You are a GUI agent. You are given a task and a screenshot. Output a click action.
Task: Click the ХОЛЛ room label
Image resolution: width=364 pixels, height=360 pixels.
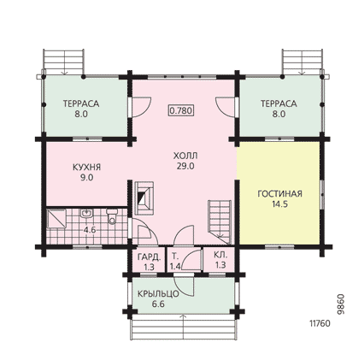coord(185,156)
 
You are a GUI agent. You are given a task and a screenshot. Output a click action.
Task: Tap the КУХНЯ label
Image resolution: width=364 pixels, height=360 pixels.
coord(87,167)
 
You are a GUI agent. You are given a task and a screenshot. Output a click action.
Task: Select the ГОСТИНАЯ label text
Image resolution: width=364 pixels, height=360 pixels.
coord(279,194)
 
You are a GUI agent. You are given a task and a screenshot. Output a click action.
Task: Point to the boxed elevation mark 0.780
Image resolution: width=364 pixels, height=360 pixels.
coord(181,110)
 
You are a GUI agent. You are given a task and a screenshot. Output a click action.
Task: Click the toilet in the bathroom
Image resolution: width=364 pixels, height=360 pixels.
coord(112,216)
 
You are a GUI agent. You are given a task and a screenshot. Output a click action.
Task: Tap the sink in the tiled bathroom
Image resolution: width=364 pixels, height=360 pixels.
coord(86,213)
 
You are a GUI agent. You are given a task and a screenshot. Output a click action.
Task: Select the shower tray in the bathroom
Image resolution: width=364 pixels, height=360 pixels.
coord(56,219)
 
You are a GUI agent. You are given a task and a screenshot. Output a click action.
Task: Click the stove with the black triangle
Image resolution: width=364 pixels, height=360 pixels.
coord(144,198)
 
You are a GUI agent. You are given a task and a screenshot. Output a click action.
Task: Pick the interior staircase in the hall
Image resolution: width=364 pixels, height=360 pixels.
coord(220,221)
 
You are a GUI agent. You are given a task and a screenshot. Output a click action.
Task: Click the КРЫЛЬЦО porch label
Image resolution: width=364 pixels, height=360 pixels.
coord(158,293)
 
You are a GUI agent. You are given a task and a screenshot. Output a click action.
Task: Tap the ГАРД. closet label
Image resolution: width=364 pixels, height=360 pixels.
coord(150,257)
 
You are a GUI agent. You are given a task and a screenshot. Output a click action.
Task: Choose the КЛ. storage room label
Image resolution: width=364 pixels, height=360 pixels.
coord(220,254)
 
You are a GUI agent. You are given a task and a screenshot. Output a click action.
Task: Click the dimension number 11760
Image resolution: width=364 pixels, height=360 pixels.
coord(320,324)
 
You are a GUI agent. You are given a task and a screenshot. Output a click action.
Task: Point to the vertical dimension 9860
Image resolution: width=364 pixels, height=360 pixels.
coord(340,304)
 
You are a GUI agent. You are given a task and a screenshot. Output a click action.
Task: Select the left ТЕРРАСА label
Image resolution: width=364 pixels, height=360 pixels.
coord(81,103)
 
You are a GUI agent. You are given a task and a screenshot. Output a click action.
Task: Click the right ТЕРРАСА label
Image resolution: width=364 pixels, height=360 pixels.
coord(279,103)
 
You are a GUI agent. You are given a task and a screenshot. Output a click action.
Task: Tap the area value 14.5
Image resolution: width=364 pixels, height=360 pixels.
coord(279,204)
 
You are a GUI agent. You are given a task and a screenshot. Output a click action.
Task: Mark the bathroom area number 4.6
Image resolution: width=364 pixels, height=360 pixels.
coord(90,230)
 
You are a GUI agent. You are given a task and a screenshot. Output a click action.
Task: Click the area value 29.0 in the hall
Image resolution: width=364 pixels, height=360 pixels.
coord(185,167)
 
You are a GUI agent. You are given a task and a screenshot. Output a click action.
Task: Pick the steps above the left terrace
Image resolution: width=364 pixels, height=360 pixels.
coord(64,62)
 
